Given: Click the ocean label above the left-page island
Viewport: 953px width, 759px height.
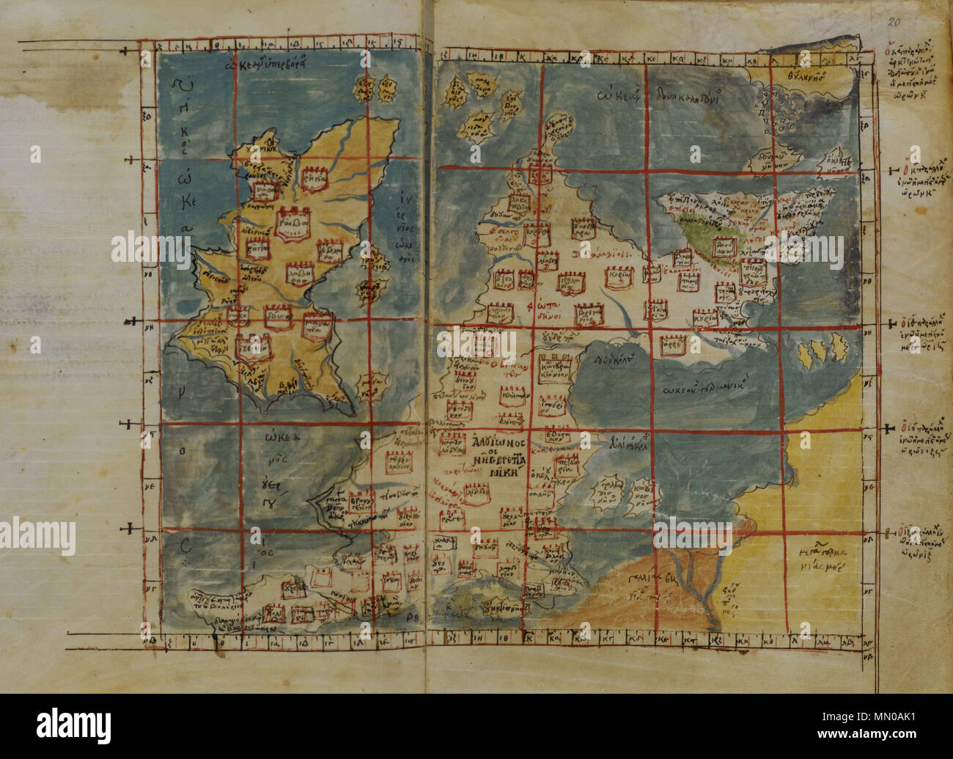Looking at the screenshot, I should [x=275, y=63].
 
